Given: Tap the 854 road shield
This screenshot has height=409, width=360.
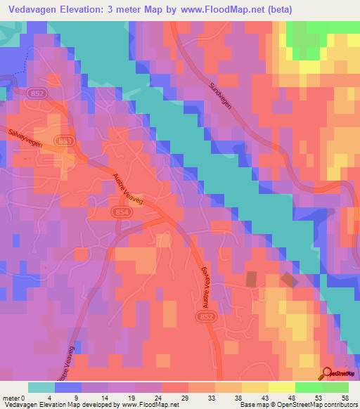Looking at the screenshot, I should pos(120,212).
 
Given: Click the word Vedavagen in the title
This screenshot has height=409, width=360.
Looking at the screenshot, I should pos(37,10).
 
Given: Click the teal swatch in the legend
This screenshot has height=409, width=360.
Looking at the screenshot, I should pos(41,387).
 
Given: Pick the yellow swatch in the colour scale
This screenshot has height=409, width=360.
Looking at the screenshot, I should pos(255,387).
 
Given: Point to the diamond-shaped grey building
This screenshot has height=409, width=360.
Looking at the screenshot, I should pos(289,280).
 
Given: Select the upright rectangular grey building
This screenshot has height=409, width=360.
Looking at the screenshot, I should pos(252,278).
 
